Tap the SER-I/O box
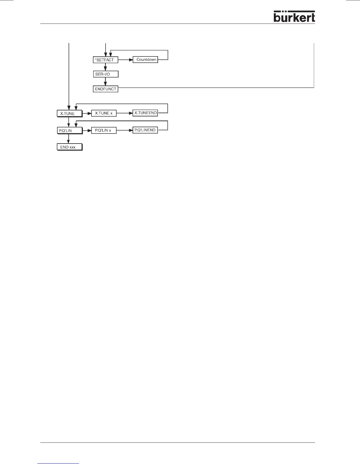106,74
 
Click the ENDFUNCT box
106,89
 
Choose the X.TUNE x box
104,113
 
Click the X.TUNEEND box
145,113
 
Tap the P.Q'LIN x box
104,130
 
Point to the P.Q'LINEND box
145,130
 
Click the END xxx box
69,147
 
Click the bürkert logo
294,17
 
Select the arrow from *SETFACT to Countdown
125,60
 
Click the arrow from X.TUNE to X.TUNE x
87,113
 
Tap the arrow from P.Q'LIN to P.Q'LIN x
87,130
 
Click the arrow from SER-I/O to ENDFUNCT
105,81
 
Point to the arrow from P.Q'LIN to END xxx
69,139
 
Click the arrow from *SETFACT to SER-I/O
105,67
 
